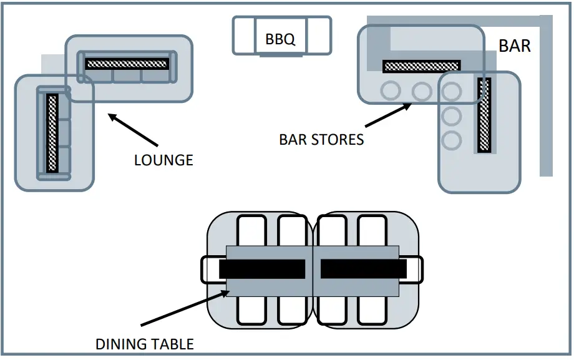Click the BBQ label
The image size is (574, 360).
[280, 39]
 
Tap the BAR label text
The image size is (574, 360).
[514, 46]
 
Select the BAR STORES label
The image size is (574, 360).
[321, 140]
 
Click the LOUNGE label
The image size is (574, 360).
[163, 160]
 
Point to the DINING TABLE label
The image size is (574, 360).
[145, 344]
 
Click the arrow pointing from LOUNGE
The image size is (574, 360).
[133, 130]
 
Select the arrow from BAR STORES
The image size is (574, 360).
[389, 115]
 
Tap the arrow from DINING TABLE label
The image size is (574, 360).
[185, 308]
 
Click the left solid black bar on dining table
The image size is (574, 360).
[262, 269]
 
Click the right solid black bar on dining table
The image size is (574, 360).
[364, 269]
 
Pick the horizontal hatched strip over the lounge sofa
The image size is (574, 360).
[127, 64]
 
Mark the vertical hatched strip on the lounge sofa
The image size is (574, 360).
[52, 133]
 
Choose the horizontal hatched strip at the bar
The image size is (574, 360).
[422, 66]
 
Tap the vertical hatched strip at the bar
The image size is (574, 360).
[484, 115]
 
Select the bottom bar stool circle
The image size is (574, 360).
[451, 140]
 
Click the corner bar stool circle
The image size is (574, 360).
[451, 92]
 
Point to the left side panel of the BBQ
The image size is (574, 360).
[244, 36]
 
